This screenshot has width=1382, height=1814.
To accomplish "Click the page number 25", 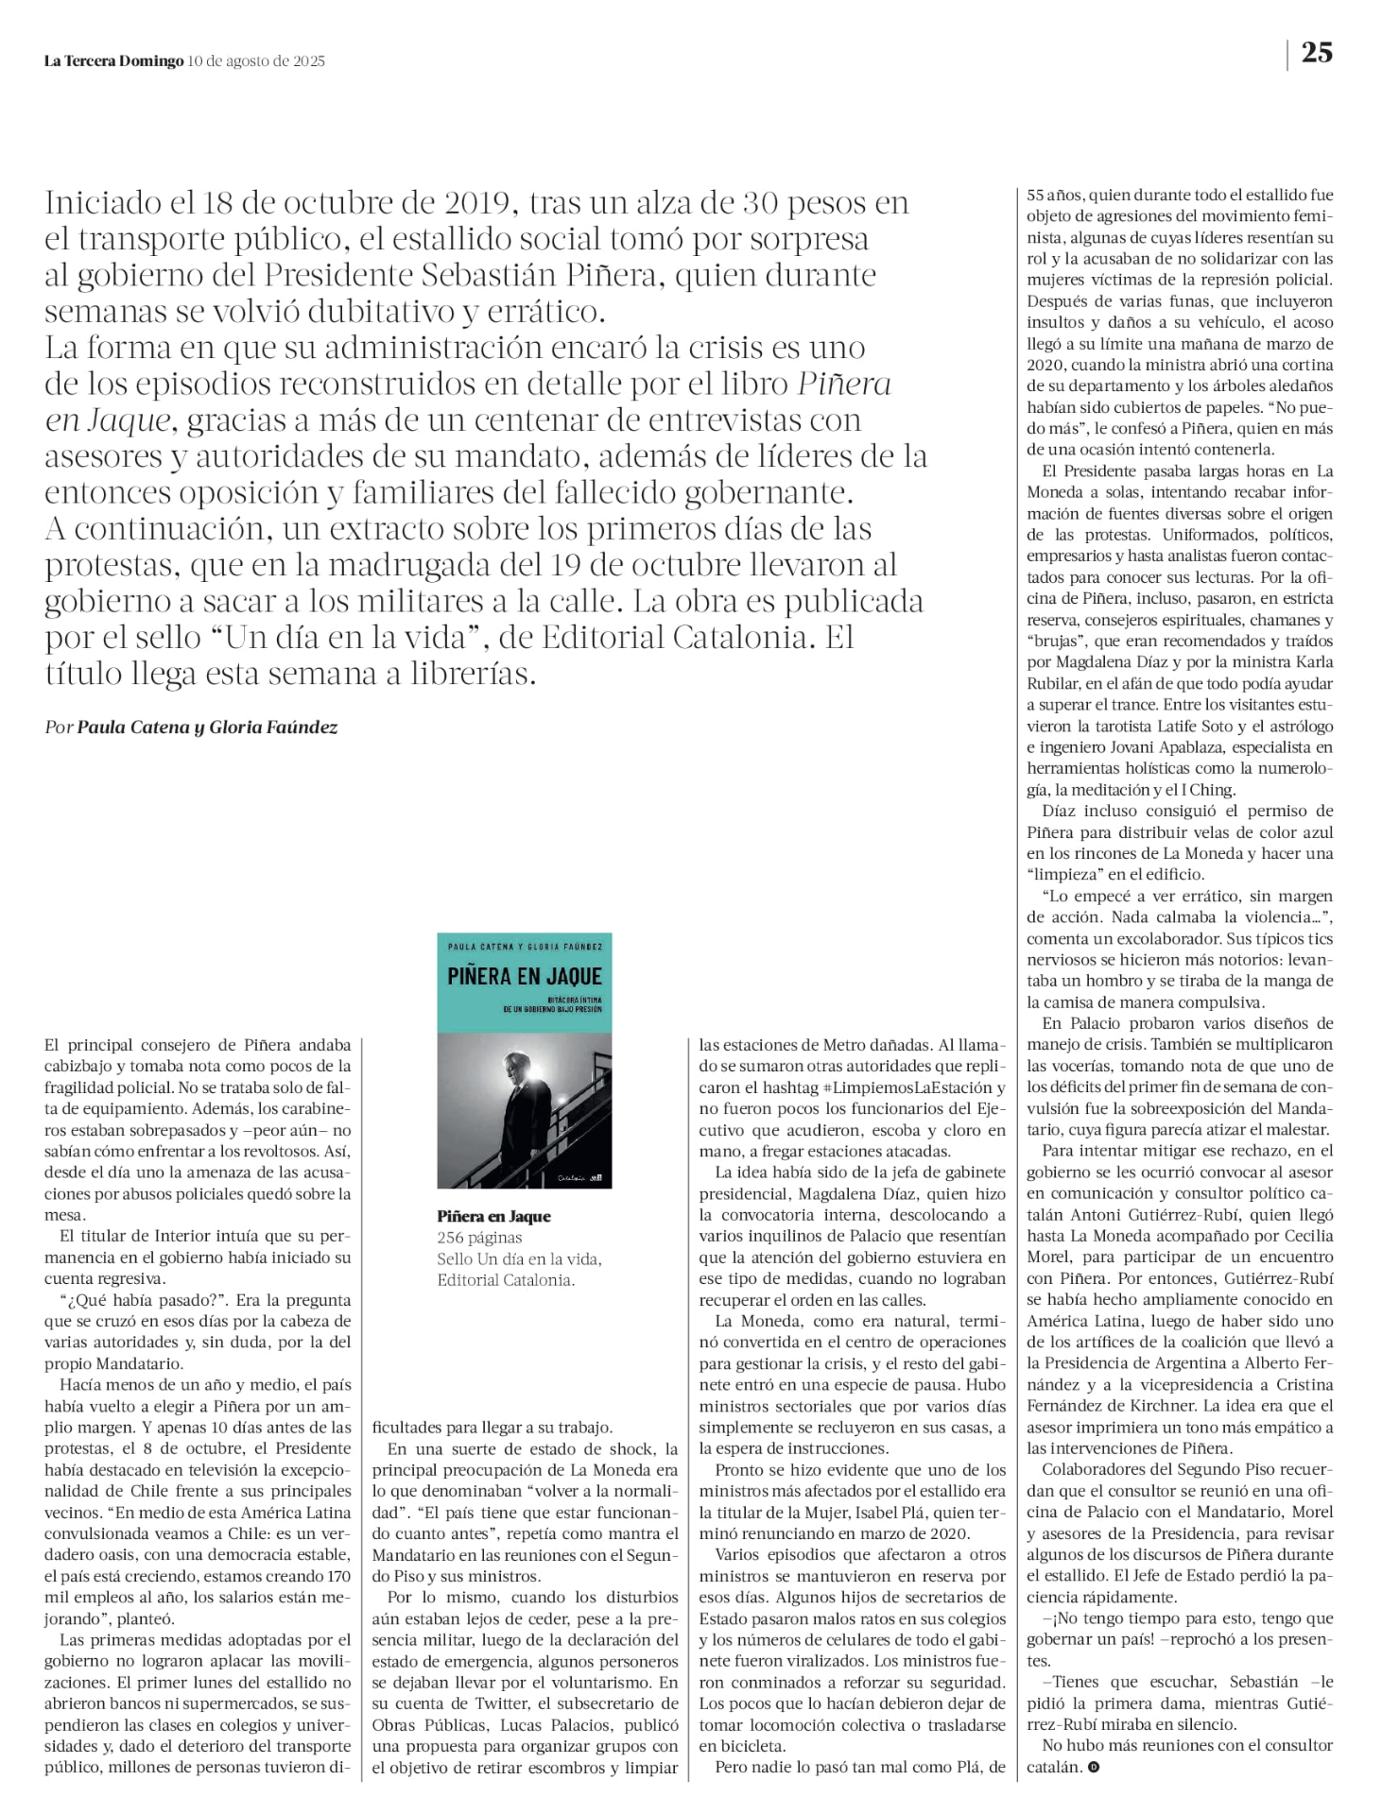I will (x=1317, y=53).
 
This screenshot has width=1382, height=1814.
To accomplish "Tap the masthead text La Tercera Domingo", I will (x=113, y=61).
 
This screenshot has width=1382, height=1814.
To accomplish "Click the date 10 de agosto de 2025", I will (x=256, y=61).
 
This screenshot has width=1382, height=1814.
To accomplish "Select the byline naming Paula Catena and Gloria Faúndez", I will (x=191, y=727).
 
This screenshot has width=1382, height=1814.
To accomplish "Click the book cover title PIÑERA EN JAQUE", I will (x=525, y=976).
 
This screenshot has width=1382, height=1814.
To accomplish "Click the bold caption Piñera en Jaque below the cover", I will (x=493, y=1216).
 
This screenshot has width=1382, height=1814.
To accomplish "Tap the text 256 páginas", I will (x=479, y=1238).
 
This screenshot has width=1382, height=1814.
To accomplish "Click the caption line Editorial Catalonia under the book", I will (x=505, y=1280).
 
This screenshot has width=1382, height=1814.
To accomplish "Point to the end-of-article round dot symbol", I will (x=1094, y=1766).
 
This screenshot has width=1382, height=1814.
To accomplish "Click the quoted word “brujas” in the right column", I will (x=1053, y=642).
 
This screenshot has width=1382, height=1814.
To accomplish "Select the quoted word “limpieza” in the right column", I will (x=1065, y=875).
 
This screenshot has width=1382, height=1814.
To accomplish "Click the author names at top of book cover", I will (x=525, y=946).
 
